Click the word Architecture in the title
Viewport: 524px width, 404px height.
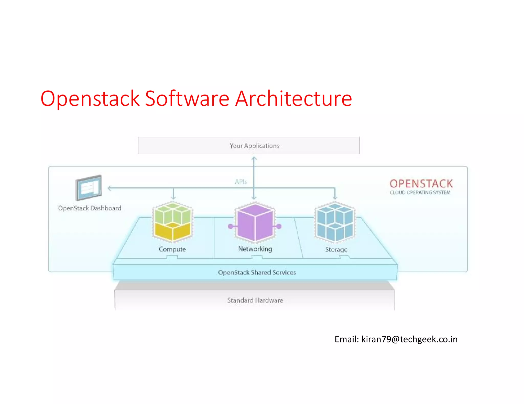coord(293,99)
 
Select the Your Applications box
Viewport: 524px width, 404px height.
coord(248,146)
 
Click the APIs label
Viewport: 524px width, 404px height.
coord(241,182)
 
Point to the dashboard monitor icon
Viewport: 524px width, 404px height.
coord(89,188)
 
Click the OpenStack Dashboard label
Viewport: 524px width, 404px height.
coord(90,208)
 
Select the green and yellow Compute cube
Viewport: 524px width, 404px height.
coord(172,222)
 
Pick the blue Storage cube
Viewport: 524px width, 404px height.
coord(335,222)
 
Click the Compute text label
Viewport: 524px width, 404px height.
coord(172,249)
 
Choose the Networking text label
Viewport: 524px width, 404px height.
coord(255,249)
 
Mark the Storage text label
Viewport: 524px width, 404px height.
coord(336,249)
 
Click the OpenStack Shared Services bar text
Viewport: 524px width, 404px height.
coord(257,272)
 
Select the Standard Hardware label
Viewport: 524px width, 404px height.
coord(255,300)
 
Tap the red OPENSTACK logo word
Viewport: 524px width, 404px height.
coord(421,184)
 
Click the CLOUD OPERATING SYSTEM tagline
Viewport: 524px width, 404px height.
coord(420,193)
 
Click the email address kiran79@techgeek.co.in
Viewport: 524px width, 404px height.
coord(409,339)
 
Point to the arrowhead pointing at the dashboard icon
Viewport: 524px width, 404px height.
coord(109,188)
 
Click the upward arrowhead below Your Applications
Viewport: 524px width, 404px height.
coord(254,159)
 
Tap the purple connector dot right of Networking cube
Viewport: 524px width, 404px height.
coord(279,226)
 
